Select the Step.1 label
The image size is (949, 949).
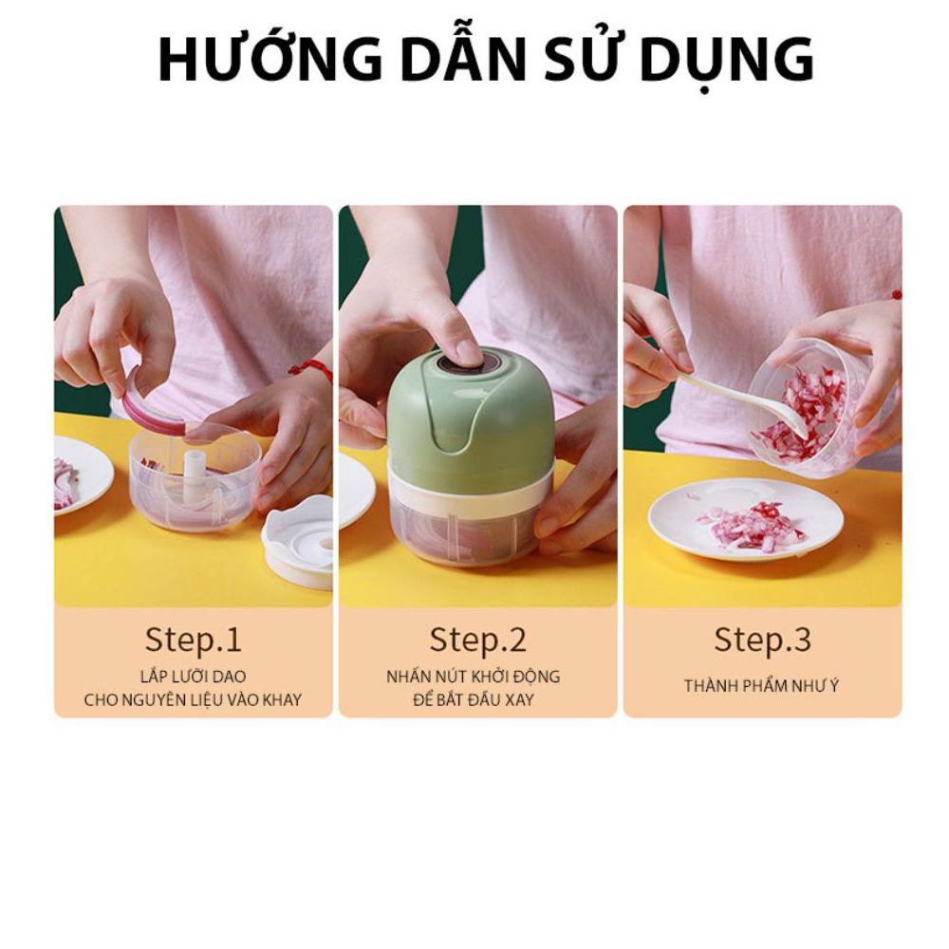193,640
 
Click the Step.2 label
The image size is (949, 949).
477,640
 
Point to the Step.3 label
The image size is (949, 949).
762,640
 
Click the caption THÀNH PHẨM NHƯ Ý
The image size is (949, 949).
762,686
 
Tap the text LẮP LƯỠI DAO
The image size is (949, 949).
193,676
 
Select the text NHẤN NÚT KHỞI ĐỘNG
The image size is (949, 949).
474,676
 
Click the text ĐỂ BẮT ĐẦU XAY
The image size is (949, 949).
474,699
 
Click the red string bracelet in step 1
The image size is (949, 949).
311,368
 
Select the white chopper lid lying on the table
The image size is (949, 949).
298,541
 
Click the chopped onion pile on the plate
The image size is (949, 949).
750,526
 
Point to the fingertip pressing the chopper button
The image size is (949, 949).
467,353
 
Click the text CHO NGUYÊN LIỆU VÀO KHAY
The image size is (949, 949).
193,700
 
